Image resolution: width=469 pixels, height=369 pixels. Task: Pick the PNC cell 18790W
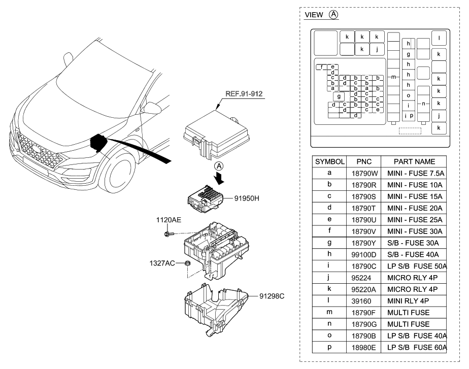(x=364, y=173)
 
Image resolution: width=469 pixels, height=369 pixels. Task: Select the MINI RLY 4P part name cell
(x=413, y=300)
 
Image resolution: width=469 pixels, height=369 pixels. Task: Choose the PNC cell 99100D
(x=364, y=254)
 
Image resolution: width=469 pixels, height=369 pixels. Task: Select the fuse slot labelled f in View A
(x=321, y=67)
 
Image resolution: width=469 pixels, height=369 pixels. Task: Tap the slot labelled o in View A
(x=409, y=95)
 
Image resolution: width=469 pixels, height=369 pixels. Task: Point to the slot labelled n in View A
(x=423, y=104)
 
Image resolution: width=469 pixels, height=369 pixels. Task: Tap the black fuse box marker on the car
(x=98, y=144)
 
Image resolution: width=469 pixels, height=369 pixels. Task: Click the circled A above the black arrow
(x=218, y=165)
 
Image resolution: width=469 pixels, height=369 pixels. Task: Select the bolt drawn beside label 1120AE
(x=169, y=233)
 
